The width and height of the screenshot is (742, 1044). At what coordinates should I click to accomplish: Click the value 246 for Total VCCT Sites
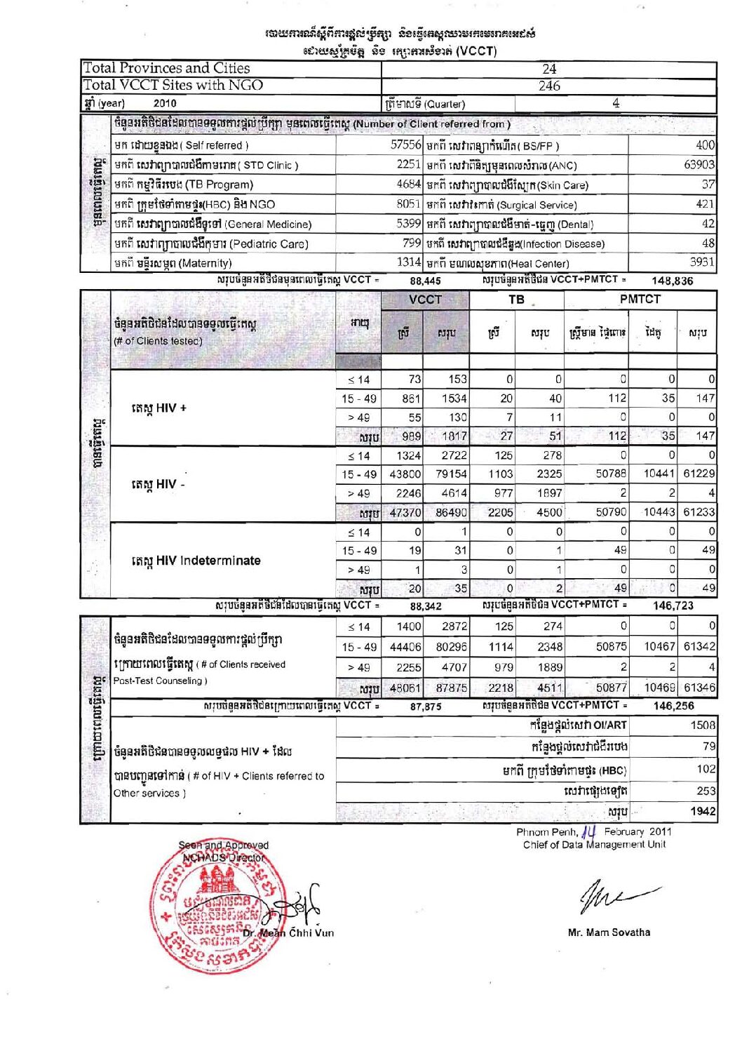[549, 86]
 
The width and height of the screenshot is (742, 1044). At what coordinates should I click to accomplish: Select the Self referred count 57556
[405, 145]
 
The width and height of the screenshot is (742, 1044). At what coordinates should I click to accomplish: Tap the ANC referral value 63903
[699, 165]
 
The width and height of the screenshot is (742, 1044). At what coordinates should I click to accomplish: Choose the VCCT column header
[425, 300]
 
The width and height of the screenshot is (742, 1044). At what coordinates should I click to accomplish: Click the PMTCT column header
[640, 299]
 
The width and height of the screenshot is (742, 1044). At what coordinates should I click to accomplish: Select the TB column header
[516, 300]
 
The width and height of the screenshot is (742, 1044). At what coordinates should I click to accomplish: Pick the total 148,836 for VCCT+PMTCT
[672, 281]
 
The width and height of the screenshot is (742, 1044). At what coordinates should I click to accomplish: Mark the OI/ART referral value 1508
[703, 725]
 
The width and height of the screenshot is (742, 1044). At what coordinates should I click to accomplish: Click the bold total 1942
[703, 811]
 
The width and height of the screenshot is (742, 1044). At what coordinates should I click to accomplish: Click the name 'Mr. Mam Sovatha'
[609, 932]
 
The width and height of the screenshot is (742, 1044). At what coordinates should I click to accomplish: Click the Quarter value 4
[616, 104]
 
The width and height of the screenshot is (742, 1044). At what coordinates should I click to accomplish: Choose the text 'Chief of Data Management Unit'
[594, 845]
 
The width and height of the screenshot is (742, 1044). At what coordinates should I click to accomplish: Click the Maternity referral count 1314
[408, 262]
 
